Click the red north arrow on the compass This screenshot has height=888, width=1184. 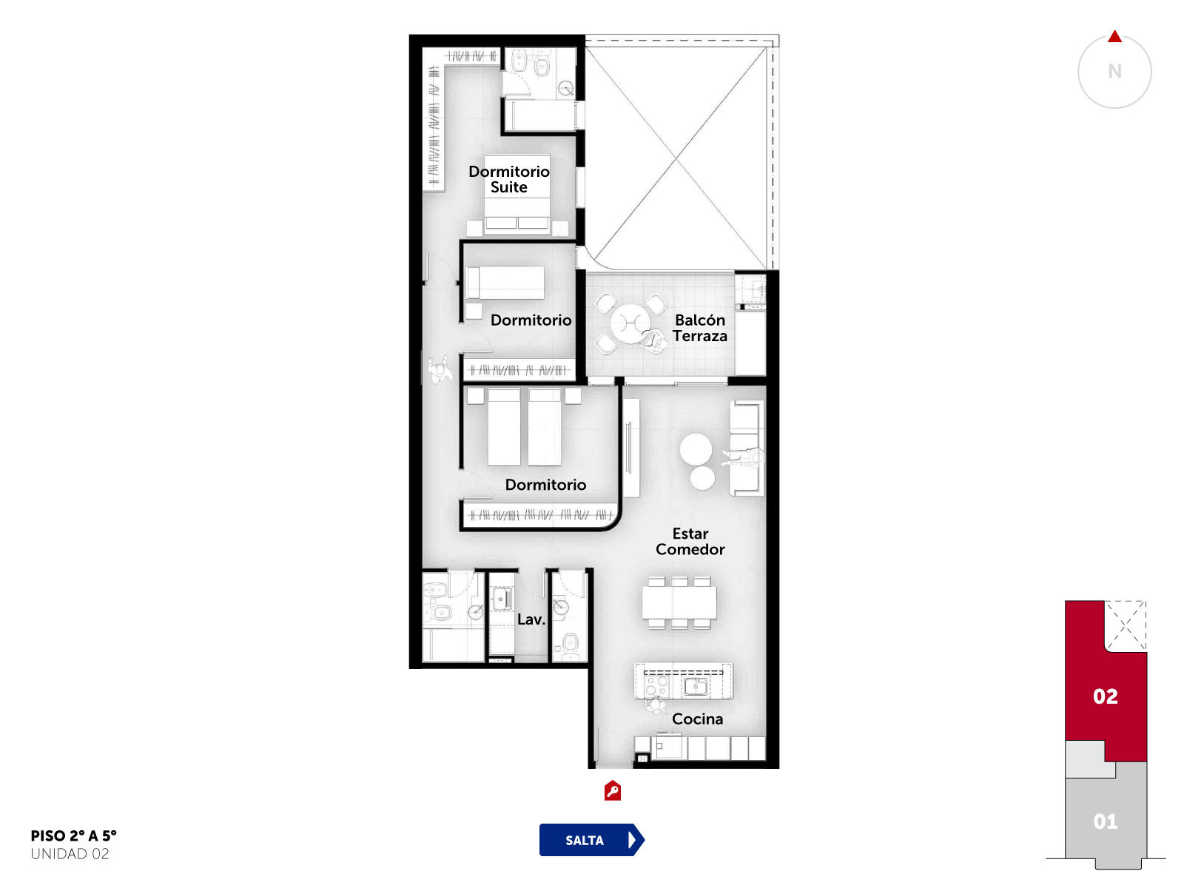click(x=1114, y=37)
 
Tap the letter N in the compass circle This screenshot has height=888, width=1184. click(x=1114, y=71)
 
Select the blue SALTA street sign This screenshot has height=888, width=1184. click(x=591, y=839)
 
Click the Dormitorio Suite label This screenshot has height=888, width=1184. click(x=508, y=179)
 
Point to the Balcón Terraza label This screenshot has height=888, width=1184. click(x=699, y=328)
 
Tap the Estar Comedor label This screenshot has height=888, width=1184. click(x=690, y=542)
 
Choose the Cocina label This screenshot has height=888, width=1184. click(x=697, y=719)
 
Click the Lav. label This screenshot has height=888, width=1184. click(x=531, y=619)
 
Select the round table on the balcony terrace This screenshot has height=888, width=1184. click(x=630, y=323)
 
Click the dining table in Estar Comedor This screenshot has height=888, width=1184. click(x=679, y=602)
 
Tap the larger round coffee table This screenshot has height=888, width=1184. click(x=696, y=449)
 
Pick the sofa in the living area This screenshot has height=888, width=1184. click(x=747, y=448)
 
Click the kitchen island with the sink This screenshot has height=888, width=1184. click(x=683, y=681)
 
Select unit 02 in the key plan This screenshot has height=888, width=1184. click(x=1106, y=696)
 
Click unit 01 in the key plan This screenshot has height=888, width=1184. click(x=1106, y=821)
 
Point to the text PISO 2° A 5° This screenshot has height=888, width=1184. click(x=73, y=835)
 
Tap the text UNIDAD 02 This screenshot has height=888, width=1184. click(x=70, y=854)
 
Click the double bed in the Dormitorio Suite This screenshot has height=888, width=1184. click(x=517, y=194)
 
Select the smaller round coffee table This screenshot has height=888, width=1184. click(x=702, y=478)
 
